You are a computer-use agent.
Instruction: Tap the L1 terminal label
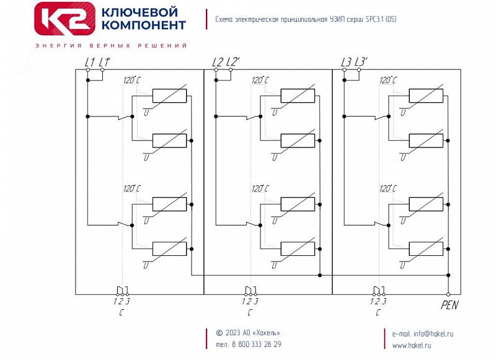pyautogui.click(x=89, y=62)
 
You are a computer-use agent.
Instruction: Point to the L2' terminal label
pyautogui.click(x=233, y=62)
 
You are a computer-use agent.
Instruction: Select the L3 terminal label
pyautogui.click(x=346, y=62)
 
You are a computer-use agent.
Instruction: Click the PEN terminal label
pyautogui.click(x=449, y=305)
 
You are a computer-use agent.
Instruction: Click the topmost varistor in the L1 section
pyautogui.click(x=169, y=96)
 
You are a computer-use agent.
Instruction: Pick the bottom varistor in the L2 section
pyautogui.click(x=298, y=248)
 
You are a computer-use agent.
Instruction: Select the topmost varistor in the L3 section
pyautogui.click(x=426, y=96)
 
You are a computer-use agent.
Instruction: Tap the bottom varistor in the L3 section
pyautogui.click(x=426, y=248)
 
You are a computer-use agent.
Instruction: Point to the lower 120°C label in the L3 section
pyautogui.click(x=389, y=188)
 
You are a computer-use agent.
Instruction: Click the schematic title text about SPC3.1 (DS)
pyautogui.click(x=306, y=19)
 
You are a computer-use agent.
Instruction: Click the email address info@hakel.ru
pyautogui.click(x=423, y=333)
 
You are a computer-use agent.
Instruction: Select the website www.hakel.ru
pyautogui.click(x=412, y=345)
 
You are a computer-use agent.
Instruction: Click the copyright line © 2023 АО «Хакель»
pyautogui.click(x=247, y=333)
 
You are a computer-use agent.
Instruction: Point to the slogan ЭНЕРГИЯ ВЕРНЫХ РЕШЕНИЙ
pyautogui.click(x=112, y=46)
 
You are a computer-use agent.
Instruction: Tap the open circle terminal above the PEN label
pyautogui.click(x=448, y=294)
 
